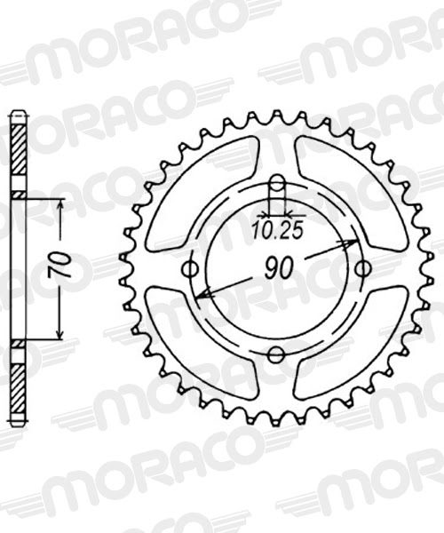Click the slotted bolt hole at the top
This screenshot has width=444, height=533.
277,192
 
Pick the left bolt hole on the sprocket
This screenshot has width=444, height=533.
189,269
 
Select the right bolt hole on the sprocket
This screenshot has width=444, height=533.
361,268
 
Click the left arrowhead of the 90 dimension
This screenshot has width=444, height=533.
202,295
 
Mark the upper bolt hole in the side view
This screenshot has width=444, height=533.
19,195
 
